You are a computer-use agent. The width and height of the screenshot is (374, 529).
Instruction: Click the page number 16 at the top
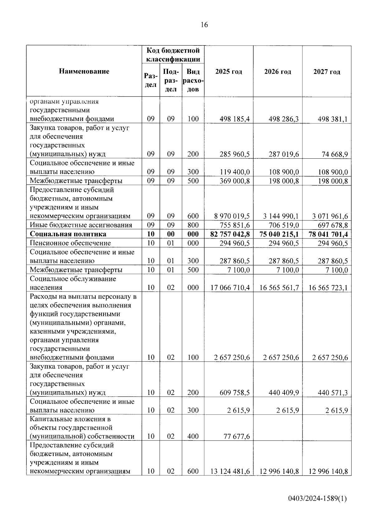(204, 25)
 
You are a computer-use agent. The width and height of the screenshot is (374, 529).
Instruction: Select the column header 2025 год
(229, 72)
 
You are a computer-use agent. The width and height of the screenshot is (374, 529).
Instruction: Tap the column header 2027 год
(327, 72)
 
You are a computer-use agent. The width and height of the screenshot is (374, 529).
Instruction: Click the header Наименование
(84, 71)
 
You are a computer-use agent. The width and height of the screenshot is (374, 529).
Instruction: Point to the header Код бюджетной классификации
(173, 55)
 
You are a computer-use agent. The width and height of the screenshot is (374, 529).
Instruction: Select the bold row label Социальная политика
(68, 234)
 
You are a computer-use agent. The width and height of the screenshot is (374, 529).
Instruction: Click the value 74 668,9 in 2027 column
(333, 154)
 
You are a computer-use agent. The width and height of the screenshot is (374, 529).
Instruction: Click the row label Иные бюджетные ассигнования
(81, 225)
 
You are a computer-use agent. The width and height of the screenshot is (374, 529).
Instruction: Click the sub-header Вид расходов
(193, 80)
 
